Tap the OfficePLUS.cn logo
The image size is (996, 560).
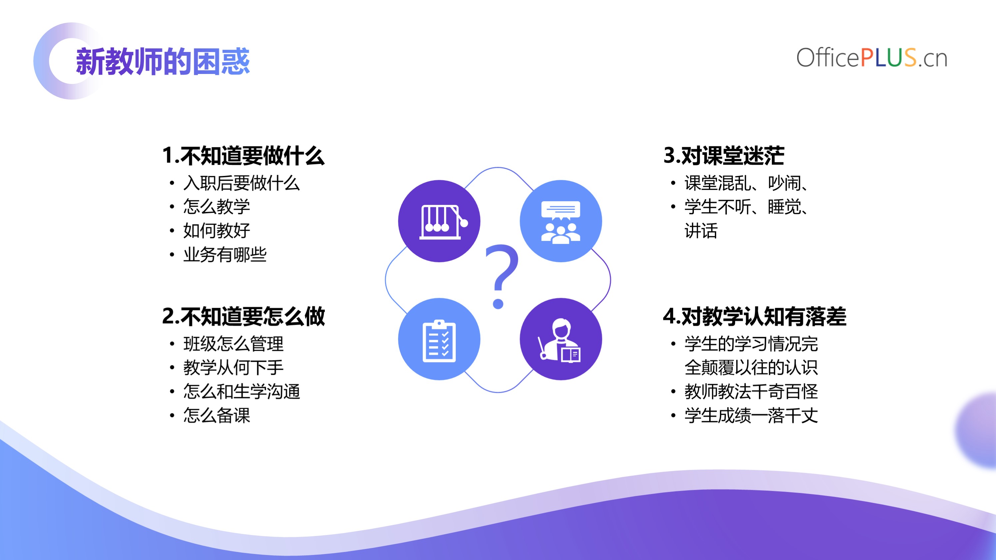(872, 58)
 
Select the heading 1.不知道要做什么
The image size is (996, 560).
(243, 156)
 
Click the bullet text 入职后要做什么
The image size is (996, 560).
(242, 183)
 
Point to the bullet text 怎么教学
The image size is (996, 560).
(217, 207)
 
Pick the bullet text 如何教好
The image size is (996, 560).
(217, 231)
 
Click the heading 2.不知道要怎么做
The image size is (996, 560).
(243, 316)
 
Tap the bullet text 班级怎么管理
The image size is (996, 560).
(233, 343)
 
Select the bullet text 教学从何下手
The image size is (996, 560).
(233, 367)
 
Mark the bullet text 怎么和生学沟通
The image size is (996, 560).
(242, 391)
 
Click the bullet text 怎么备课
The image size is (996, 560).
(217, 415)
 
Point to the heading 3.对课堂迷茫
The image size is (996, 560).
(724, 156)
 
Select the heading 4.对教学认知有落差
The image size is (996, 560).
(755, 316)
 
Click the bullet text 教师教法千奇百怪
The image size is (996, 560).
(751, 391)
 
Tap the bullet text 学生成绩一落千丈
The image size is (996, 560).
(751, 415)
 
